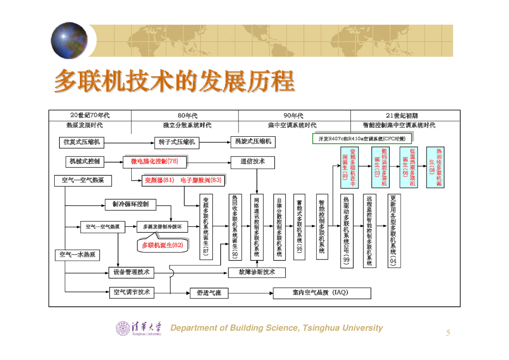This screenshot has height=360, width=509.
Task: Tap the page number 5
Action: [448, 333]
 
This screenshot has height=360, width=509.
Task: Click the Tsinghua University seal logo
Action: [123, 328]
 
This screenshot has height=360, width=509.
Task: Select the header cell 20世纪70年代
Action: [90, 115]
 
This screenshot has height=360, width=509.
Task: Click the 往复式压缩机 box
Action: [82, 142]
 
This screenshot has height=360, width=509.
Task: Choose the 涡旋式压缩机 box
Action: [253, 142]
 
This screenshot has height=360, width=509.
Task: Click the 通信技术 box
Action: [253, 161]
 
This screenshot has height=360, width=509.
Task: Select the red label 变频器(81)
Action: [159, 180]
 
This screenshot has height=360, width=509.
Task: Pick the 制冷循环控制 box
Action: [131, 204]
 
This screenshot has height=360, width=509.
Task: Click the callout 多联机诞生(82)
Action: [163, 245]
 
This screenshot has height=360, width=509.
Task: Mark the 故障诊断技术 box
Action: [256, 272]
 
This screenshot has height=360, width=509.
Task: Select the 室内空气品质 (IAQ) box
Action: [322, 293]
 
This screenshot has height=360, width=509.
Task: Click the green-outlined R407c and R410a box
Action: [362, 139]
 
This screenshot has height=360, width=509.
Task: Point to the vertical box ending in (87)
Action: [206, 226]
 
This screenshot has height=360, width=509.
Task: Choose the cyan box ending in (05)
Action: [409, 167]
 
